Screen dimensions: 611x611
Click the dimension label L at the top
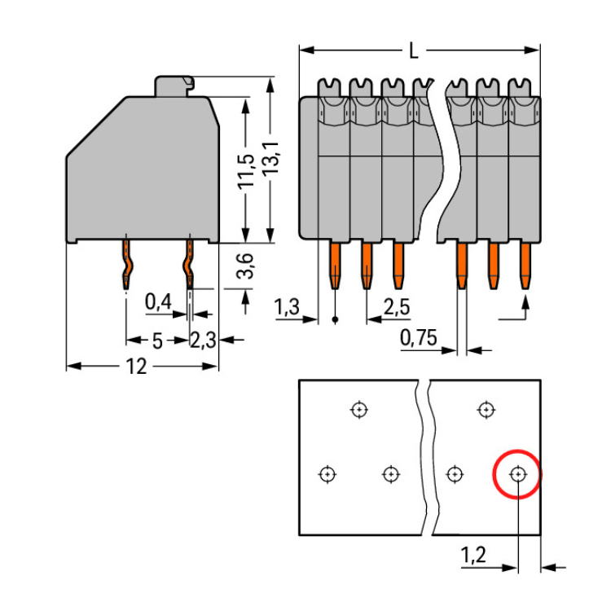click(414, 51)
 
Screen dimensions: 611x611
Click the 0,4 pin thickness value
click(158, 302)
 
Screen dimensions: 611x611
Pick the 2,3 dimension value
click(203, 340)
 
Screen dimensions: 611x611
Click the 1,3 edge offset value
click(288, 307)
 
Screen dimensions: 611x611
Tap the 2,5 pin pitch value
click(396, 307)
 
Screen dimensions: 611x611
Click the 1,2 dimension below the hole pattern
click(473, 556)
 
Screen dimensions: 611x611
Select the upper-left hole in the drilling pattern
click(358, 409)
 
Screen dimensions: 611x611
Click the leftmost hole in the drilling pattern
click(327, 473)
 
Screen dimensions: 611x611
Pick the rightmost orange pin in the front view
click(525, 264)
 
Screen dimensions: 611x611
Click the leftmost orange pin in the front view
click(335, 264)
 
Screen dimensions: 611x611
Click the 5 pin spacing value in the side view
click(157, 340)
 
